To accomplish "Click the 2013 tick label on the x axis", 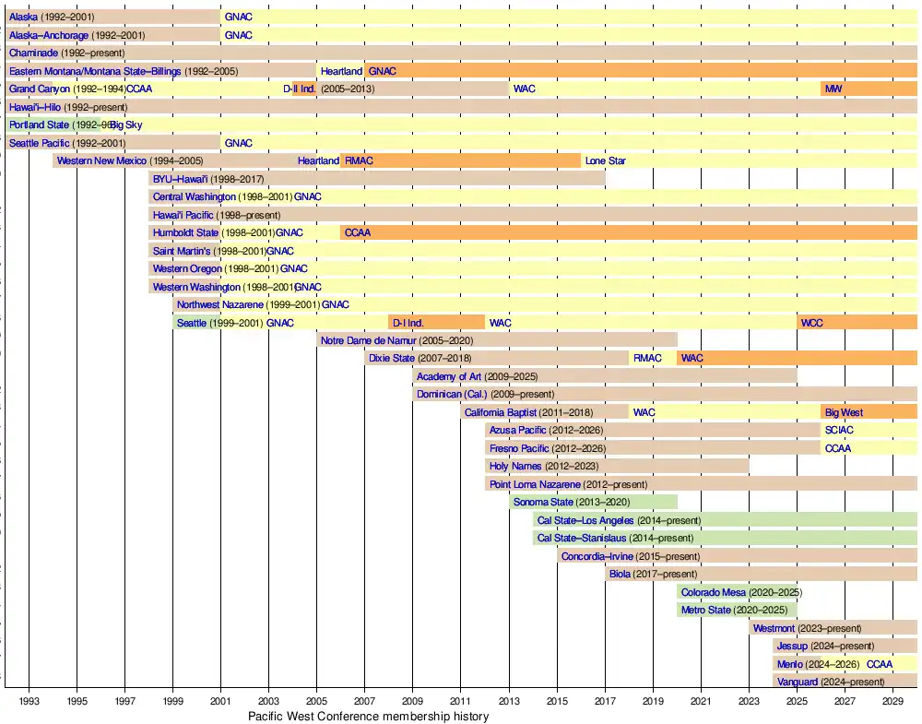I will pos(509,701).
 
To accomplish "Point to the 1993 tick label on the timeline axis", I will pos(29,701).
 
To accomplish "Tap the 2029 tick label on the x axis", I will pos(892,701).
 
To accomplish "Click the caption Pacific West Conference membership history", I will pos(368,716).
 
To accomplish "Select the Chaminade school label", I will pos(33,53).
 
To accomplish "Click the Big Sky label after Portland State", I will pos(126,125).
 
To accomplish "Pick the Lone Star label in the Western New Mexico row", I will pos(605,160).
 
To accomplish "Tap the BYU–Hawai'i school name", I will pos(181,179).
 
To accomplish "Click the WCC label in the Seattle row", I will pos(812,323).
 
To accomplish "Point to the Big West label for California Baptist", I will pos(844,412).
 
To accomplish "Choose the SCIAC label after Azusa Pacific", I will pos(840,430).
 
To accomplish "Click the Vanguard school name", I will pos(798,682).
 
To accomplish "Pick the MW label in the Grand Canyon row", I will pos(833,89).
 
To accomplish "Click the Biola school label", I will pos(622,574).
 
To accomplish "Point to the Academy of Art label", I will pos(449,376).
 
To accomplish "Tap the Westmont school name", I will pos(774,628).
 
